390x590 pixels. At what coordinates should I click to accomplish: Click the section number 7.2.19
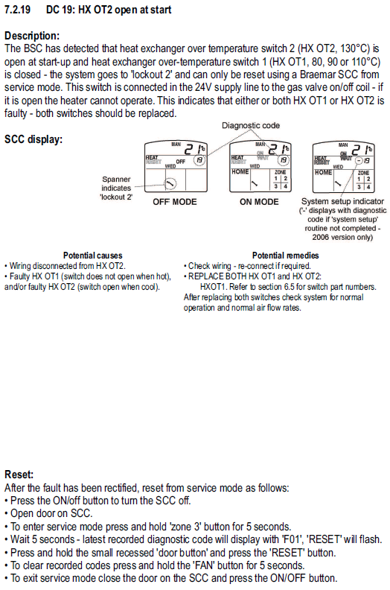click(x=17, y=10)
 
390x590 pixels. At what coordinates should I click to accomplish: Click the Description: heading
click(x=32, y=36)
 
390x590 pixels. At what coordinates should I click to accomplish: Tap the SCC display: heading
click(x=33, y=139)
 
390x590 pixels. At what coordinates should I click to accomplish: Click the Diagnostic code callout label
click(x=251, y=125)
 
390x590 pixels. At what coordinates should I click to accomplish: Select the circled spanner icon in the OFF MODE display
click(x=170, y=183)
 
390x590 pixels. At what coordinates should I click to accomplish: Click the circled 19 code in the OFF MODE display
click(x=199, y=160)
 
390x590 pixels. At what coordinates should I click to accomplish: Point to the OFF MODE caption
click(x=174, y=202)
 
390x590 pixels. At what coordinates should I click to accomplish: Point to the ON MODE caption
click(x=259, y=202)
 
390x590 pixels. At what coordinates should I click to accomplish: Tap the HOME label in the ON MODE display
click(x=240, y=171)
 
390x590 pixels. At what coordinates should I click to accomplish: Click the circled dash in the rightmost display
click(x=359, y=161)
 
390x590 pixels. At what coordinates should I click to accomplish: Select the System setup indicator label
click(x=342, y=201)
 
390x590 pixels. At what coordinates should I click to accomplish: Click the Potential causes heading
click(x=92, y=256)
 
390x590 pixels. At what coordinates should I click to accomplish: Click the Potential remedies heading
click(x=286, y=256)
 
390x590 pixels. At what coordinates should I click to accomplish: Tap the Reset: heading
click(x=19, y=474)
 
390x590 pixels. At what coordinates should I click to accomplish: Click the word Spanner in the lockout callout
click(x=116, y=180)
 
